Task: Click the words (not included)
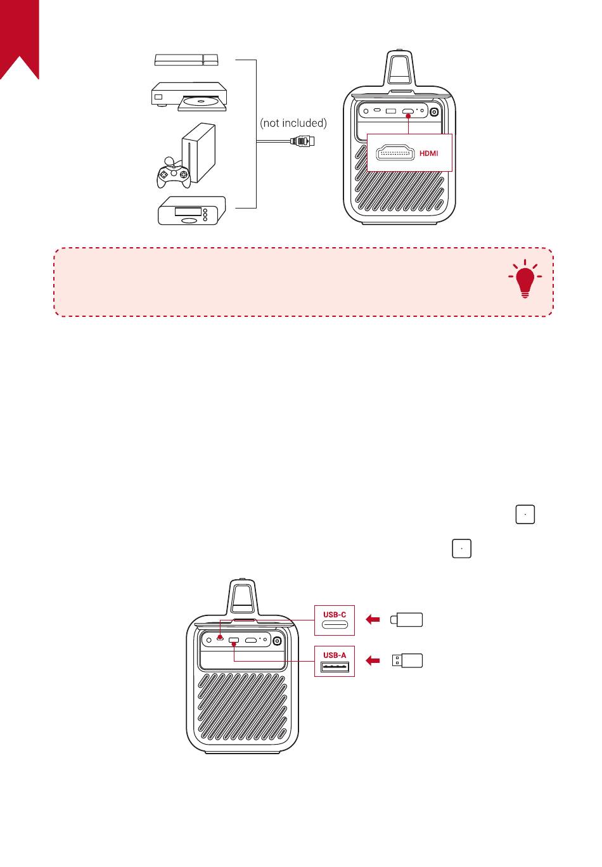click(x=293, y=123)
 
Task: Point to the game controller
click(x=172, y=172)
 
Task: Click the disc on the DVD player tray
click(x=201, y=101)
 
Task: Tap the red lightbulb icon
click(x=525, y=281)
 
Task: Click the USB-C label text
click(x=335, y=614)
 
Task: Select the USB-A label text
click(x=335, y=655)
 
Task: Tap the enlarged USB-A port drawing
click(x=335, y=667)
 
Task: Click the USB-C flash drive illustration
click(x=406, y=620)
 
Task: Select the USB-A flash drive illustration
click(x=406, y=661)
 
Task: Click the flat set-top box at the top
click(x=188, y=60)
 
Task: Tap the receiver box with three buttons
click(x=192, y=211)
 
